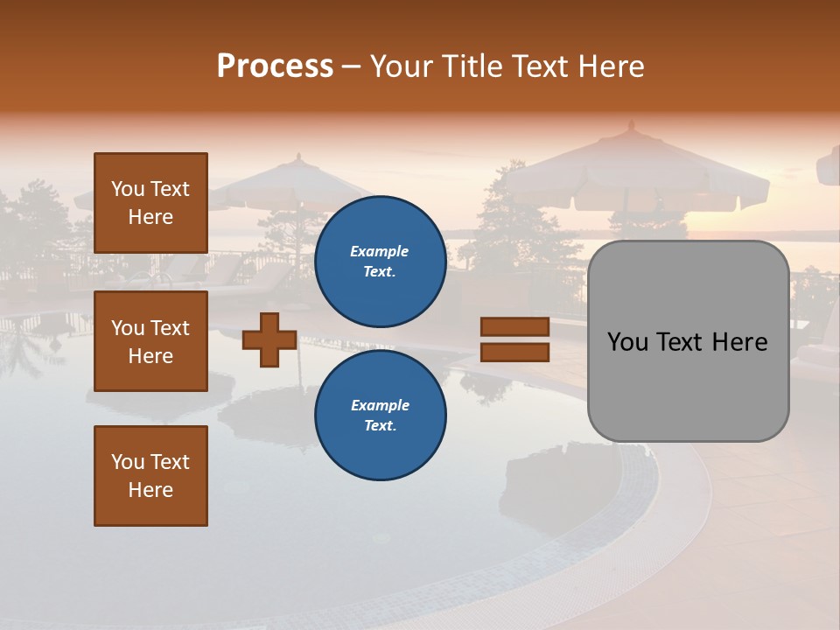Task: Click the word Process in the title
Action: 275,66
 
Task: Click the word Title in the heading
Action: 468,66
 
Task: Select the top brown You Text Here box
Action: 150,203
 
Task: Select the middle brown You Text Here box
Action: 150,341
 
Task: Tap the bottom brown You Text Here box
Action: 150,475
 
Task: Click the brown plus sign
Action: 269,339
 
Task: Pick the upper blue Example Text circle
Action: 380,262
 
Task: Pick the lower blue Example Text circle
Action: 380,416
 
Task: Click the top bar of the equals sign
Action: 514,326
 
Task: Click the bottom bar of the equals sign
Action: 514,352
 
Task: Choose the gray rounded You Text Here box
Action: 688,341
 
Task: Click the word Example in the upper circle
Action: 380,251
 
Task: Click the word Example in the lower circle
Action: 380,405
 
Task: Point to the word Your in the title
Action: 402,66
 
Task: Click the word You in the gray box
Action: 628,342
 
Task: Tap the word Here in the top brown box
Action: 150,217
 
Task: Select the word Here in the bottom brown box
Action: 150,490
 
